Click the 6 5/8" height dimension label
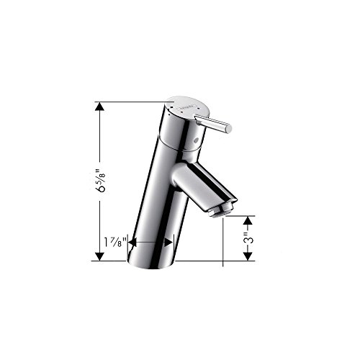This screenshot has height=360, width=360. coord(100,181)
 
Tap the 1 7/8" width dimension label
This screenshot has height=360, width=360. coord(115,242)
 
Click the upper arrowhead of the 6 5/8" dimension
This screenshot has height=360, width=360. coord(99,107)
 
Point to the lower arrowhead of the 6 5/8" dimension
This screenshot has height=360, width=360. coord(99,256)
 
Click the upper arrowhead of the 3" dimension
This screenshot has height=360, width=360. coord(248,220)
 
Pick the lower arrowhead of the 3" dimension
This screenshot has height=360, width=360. coord(248,256)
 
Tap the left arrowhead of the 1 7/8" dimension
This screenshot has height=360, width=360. coord(132,243)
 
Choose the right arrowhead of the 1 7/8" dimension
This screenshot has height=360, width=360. coord(168,243)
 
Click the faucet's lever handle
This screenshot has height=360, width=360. coord(213,123)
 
